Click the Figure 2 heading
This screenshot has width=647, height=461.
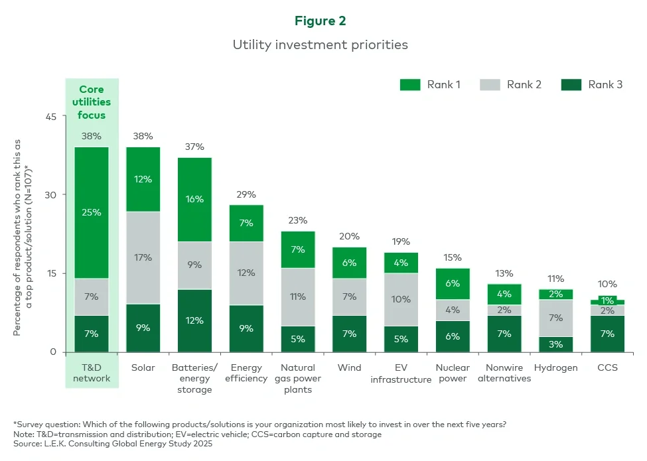[x=320, y=21]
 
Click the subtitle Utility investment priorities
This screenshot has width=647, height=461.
[x=320, y=45]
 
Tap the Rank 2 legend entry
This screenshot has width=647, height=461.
[x=511, y=84]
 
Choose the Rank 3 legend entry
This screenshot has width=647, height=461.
[x=592, y=84]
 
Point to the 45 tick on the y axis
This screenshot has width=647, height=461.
[x=51, y=116]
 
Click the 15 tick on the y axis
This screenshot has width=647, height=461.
[x=51, y=273]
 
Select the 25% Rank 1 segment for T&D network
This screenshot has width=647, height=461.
[x=92, y=212]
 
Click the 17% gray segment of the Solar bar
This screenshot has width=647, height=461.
[x=143, y=257]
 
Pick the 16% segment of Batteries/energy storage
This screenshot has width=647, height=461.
[x=195, y=199]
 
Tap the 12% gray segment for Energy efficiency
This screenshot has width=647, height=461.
[x=246, y=273]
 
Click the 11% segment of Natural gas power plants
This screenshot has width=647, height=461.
[x=298, y=296]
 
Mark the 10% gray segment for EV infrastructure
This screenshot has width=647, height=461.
[x=401, y=299]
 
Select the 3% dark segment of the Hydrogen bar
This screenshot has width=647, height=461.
[x=555, y=344]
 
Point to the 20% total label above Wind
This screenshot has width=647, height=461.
[x=349, y=236]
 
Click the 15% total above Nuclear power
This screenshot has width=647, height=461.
[x=453, y=257]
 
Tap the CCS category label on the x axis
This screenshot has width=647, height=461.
[x=607, y=367]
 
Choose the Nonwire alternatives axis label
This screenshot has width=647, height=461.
[x=504, y=373]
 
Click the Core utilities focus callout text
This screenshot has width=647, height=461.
[x=92, y=102]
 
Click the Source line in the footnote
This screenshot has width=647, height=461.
[x=113, y=444]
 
